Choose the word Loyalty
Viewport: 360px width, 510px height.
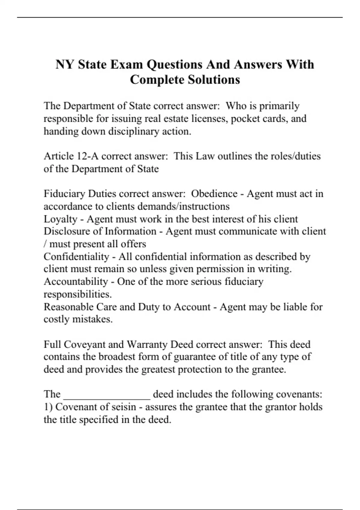(x=61, y=219)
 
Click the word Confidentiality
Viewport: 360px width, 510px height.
(x=76, y=257)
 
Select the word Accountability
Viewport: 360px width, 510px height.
(x=76, y=282)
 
